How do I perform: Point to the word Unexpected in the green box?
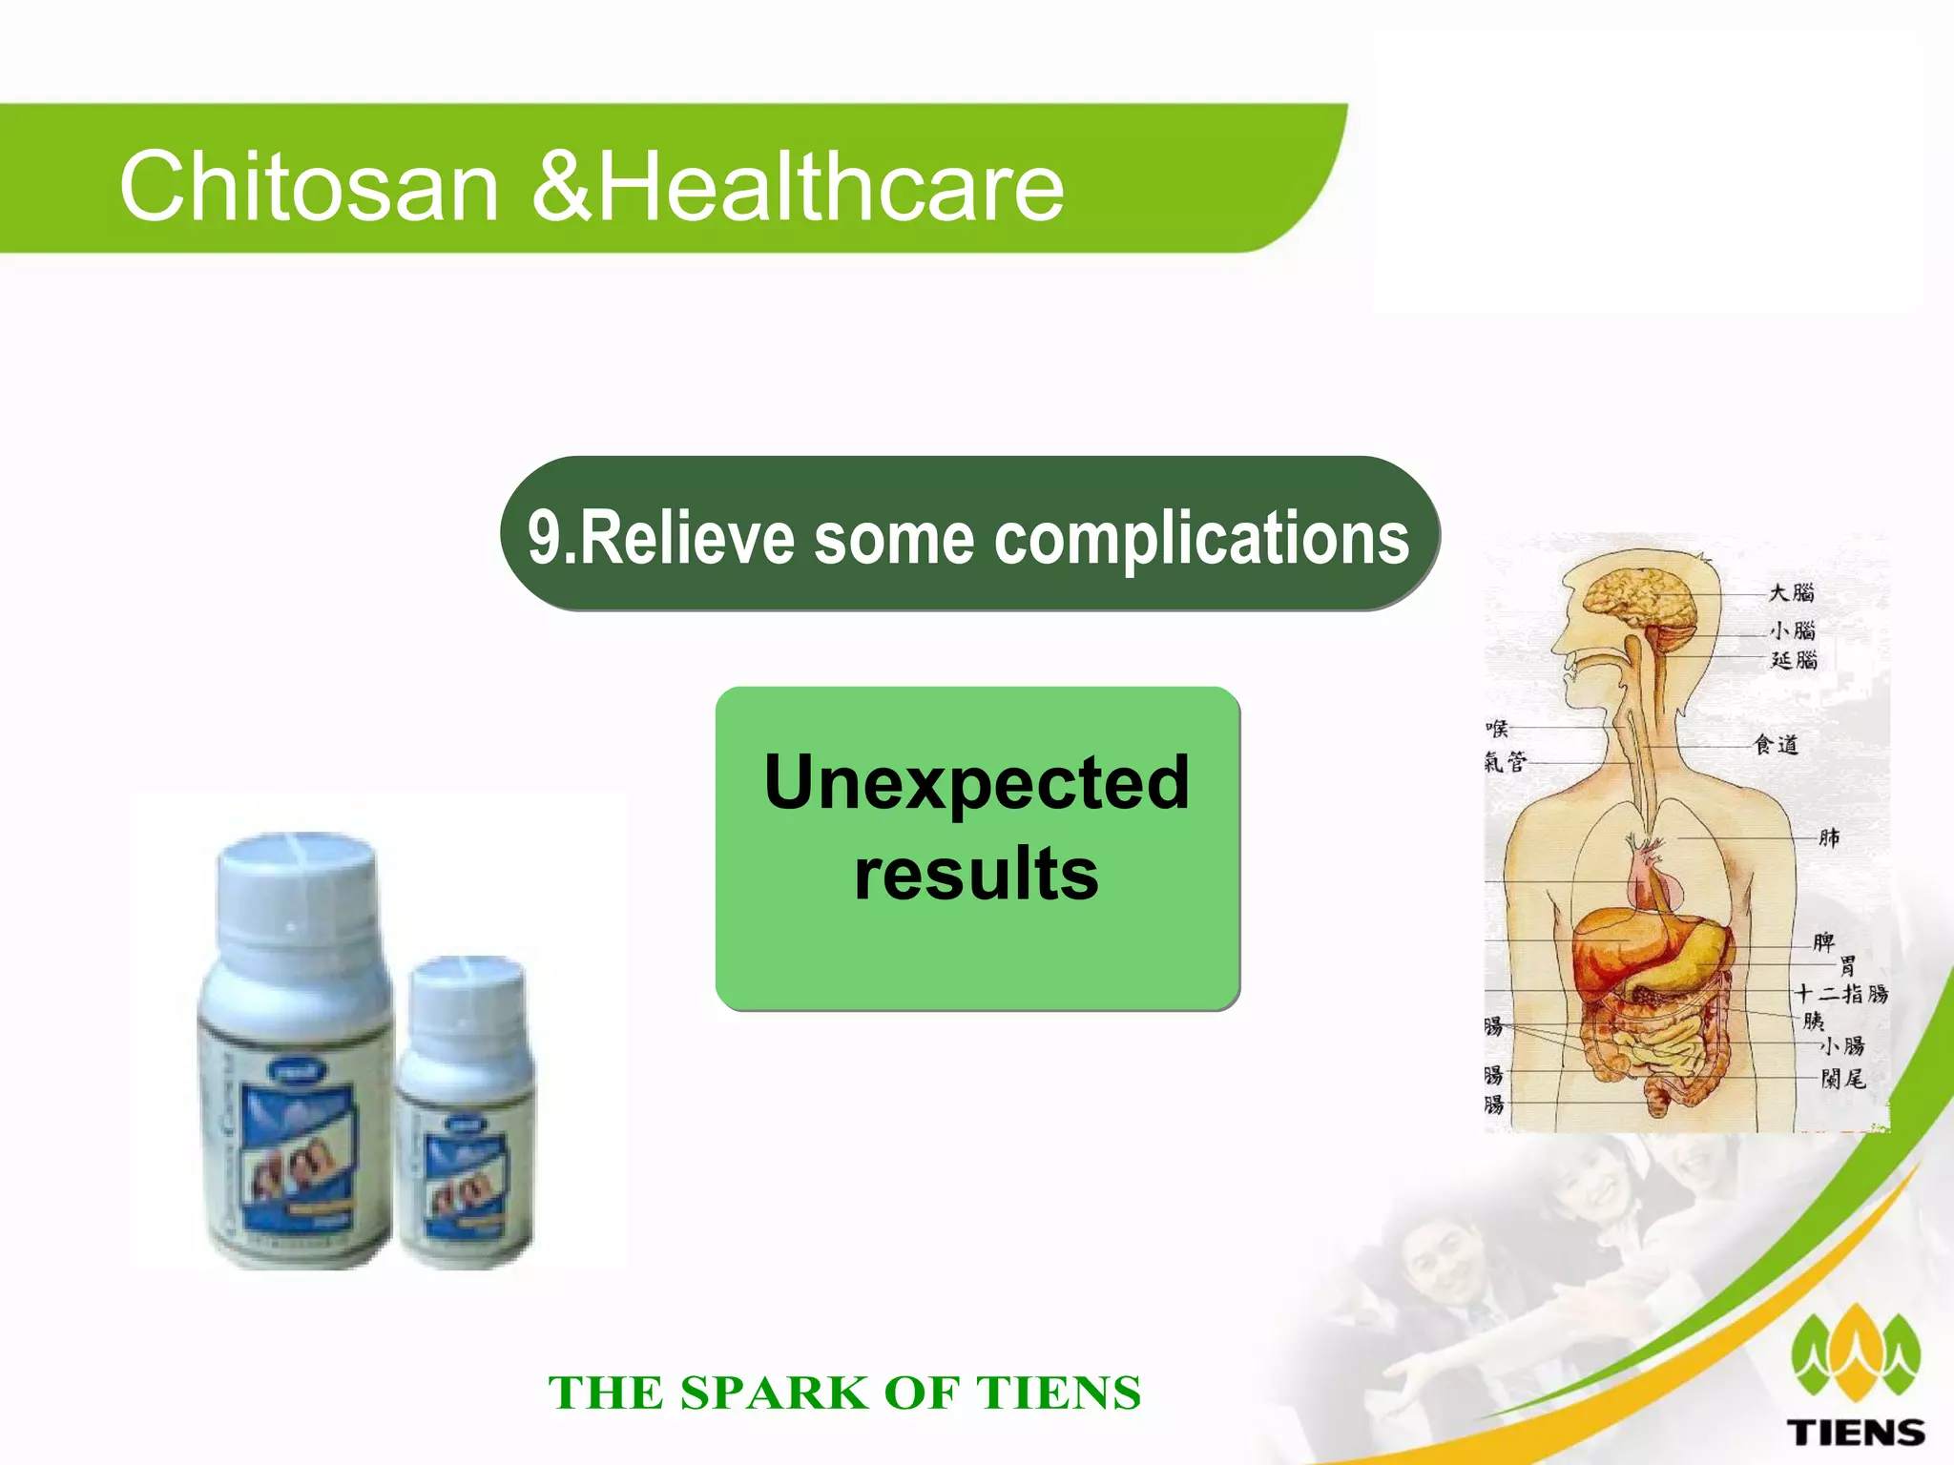977,782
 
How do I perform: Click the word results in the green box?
977,874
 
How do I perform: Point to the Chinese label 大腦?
1792,592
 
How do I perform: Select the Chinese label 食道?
1776,745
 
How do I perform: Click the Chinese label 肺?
1828,837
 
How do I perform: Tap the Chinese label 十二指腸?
1840,994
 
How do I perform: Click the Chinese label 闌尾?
1842,1079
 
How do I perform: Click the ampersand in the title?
562,187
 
